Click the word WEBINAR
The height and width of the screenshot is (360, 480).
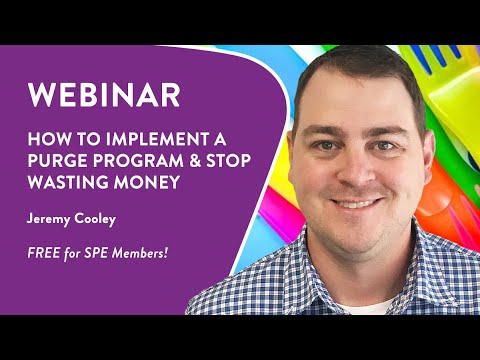[104, 95]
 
